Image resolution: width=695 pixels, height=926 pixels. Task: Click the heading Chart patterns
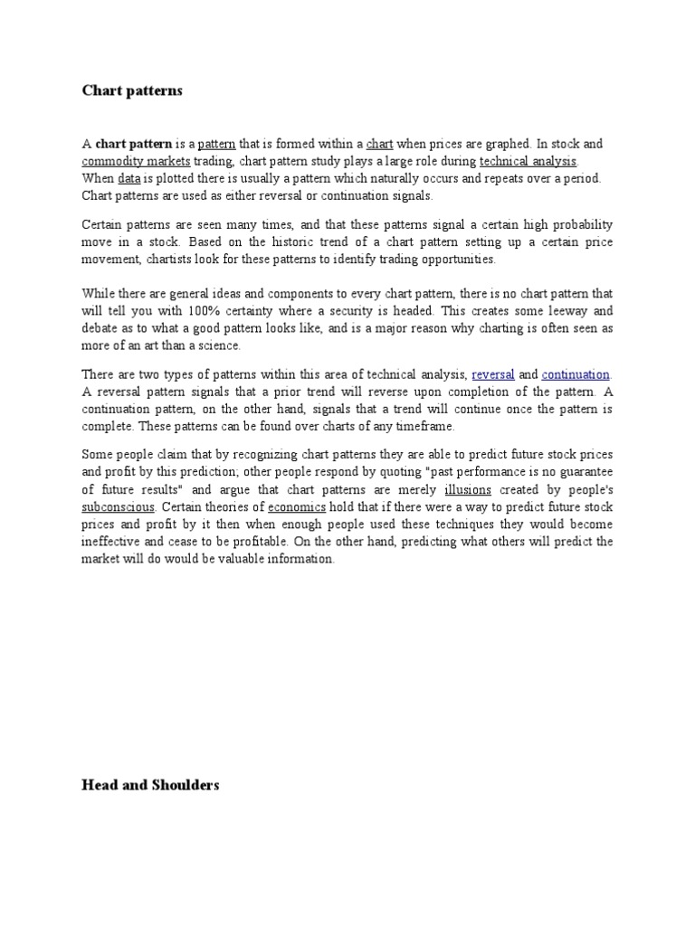click(132, 90)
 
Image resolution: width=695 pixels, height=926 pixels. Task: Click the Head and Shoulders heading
click(150, 785)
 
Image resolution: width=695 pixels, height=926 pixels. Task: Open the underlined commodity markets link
click(136, 161)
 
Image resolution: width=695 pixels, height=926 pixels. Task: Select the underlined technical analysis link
click(528, 161)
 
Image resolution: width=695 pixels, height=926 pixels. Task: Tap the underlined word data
click(128, 178)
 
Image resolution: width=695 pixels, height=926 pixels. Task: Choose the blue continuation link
click(576, 373)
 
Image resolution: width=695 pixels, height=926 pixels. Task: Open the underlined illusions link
click(468, 489)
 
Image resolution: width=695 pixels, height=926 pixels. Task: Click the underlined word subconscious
click(119, 506)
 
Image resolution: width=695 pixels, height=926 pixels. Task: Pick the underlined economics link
click(297, 506)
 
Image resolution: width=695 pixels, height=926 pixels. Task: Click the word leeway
click(560, 310)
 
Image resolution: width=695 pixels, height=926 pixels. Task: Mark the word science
click(221, 345)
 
